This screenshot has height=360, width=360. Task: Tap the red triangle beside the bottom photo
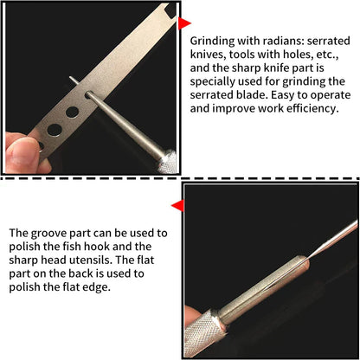(x=177, y=206)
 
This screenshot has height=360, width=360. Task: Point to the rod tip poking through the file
(x=73, y=80)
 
